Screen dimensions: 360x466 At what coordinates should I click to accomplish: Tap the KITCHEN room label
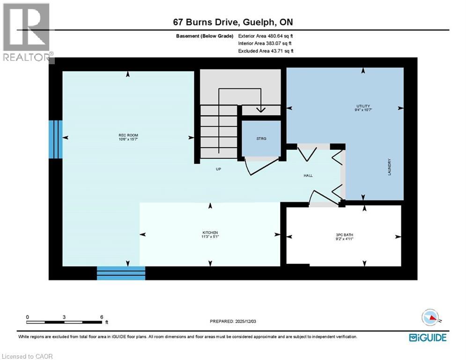tap(210, 233)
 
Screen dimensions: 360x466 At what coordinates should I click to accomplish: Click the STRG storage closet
tap(261, 139)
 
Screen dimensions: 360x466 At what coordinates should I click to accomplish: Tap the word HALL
tap(308, 176)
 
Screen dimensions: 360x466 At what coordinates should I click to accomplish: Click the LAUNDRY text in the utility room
tap(389, 167)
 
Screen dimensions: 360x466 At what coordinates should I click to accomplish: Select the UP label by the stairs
tap(218, 169)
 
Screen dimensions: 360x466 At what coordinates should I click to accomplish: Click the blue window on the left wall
tap(55, 139)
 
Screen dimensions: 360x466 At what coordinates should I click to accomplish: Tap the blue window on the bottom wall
tap(121, 273)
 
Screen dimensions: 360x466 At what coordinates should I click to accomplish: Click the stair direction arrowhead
tap(260, 109)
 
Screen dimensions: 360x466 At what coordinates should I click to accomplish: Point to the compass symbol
tap(432, 318)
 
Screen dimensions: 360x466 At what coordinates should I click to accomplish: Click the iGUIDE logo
tap(428, 337)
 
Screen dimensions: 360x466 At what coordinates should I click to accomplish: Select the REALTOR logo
tap(27, 33)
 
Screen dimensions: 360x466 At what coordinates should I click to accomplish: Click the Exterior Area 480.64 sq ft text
tap(265, 36)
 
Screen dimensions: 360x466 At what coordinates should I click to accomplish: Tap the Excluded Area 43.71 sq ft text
tap(265, 51)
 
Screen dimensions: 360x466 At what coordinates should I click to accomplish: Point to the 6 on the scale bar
tap(102, 317)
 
